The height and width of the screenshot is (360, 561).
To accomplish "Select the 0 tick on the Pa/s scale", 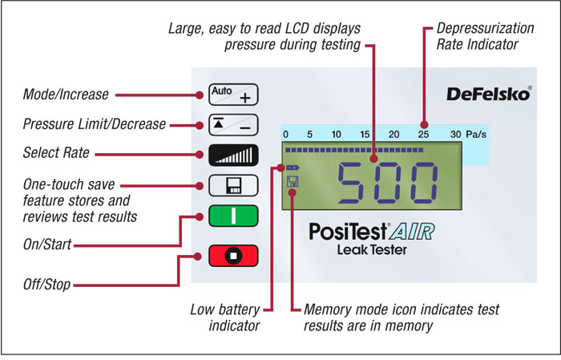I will (286, 133).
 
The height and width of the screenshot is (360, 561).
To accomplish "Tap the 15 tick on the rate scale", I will (365, 133).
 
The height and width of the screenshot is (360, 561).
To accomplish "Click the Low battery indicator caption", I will (225, 318).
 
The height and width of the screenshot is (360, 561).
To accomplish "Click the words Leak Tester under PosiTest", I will (372, 250).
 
